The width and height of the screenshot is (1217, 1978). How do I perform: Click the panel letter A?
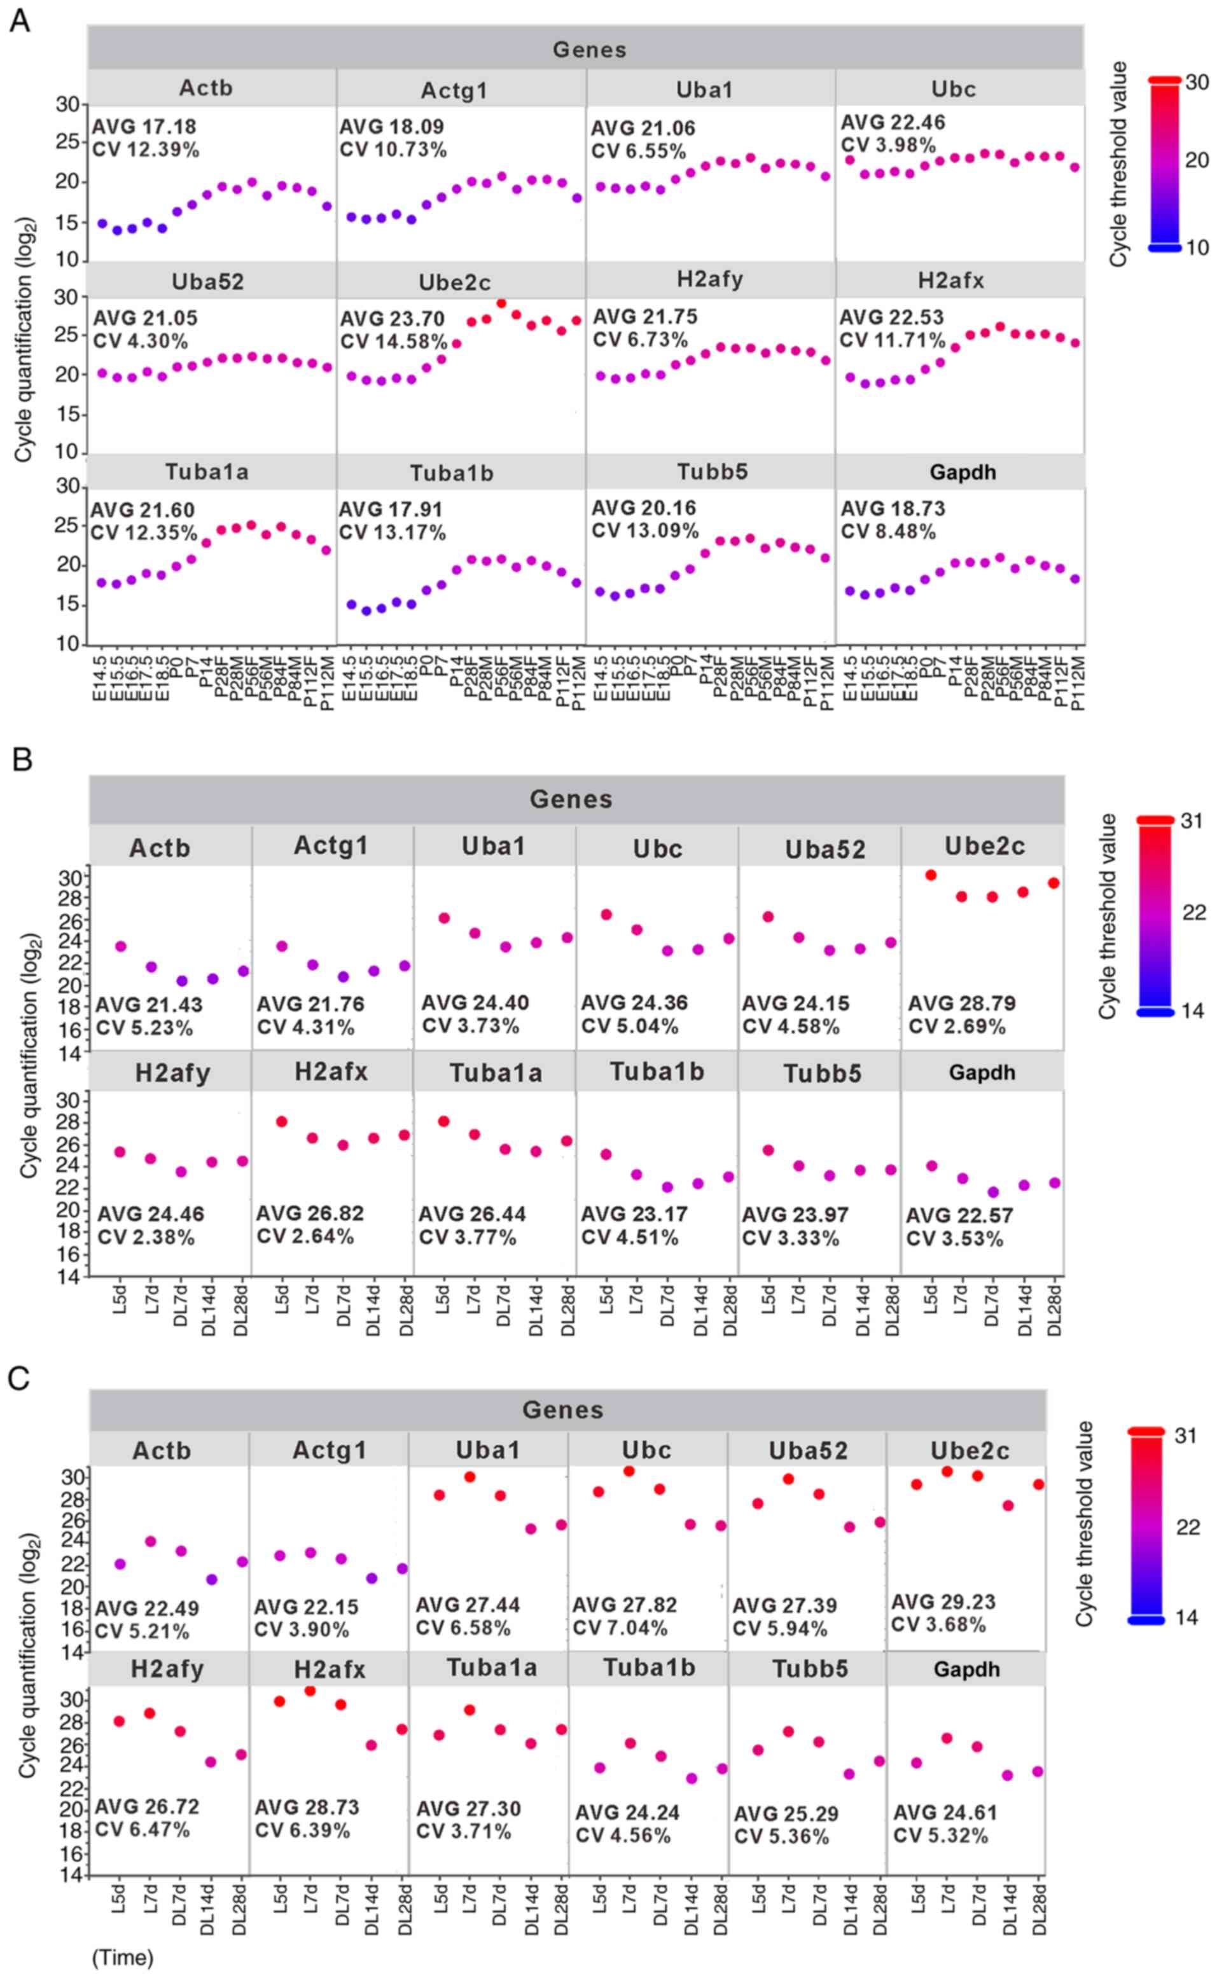point(19,21)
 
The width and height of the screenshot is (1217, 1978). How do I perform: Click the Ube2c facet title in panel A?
point(454,282)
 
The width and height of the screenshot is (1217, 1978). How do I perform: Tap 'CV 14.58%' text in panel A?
point(393,341)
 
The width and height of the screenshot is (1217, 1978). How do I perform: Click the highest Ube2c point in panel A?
point(501,303)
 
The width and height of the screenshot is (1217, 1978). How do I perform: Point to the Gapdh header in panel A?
point(962,473)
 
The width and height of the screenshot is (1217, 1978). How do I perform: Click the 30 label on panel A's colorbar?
point(1197,82)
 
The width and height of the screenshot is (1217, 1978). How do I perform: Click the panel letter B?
point(22,759)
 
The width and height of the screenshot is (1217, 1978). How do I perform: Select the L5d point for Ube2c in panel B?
point(931,875)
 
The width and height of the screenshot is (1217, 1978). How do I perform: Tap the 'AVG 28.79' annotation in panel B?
point(961,1003)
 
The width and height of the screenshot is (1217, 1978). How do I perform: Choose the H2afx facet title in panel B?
point(331,1071)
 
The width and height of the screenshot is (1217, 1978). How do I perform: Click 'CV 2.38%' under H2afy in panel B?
point(146,1237)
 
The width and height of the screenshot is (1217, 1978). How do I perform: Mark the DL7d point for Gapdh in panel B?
point(992,1192)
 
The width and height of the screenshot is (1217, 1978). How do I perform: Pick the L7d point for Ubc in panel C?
point(629,1471)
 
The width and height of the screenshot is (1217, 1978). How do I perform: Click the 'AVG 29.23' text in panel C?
point(943,1601)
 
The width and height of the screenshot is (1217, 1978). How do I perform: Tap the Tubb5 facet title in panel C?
point(810,1668)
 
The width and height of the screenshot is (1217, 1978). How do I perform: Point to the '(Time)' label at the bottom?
point(122,1957)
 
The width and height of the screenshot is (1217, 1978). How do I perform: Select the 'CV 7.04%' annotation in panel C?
point(620,1628)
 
